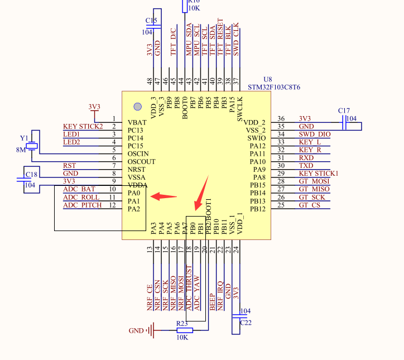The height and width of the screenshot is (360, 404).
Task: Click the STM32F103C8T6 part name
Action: tap(274, 88)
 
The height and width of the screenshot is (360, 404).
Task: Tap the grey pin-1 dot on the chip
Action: tap(138, 107)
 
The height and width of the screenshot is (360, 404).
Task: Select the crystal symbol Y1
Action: tap(32, 146)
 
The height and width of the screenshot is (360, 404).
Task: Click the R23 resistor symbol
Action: tap(185, 330)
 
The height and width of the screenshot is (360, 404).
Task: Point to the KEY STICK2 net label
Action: tap(83, 127)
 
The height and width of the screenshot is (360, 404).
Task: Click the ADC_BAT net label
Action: tap(79, 189)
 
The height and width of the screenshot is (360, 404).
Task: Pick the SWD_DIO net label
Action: tap(315, 135)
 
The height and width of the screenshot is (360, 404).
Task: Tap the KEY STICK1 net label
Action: tap(319, 174)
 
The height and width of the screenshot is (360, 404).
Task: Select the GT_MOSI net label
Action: tap(314, 181)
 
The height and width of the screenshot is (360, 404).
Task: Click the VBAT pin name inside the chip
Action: tap(137, 122)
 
